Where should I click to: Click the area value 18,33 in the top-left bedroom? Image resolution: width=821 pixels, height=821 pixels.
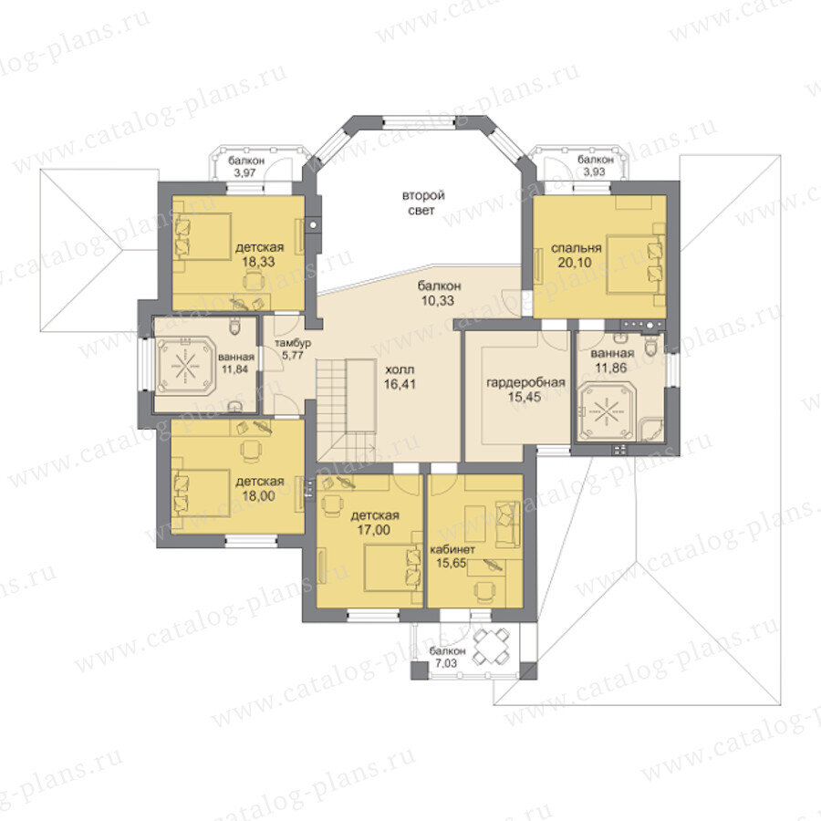[258, 262]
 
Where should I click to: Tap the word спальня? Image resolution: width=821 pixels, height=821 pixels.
[576, 248]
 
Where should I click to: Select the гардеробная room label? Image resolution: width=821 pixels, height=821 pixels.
[525, 383]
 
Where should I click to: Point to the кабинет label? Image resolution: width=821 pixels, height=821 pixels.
[452, 549]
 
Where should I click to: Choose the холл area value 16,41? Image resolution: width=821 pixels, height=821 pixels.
[400, 384]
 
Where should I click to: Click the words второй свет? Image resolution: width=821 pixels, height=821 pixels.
[423, 203]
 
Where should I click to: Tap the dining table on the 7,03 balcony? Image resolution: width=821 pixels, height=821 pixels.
[492, 646]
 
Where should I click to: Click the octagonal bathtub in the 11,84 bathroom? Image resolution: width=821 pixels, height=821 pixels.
[185, 365]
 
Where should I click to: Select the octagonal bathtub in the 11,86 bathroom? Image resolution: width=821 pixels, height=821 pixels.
[606, 411]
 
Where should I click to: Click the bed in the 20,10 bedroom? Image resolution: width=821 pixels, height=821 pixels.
[636, 265]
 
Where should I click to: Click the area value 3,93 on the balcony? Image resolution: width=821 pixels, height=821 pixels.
[595, 171]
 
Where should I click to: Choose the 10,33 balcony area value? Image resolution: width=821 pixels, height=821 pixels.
[438, 300]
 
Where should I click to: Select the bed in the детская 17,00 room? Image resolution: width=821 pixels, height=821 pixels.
[393, 567]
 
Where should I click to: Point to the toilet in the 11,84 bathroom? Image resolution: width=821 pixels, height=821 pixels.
[235, 327]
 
